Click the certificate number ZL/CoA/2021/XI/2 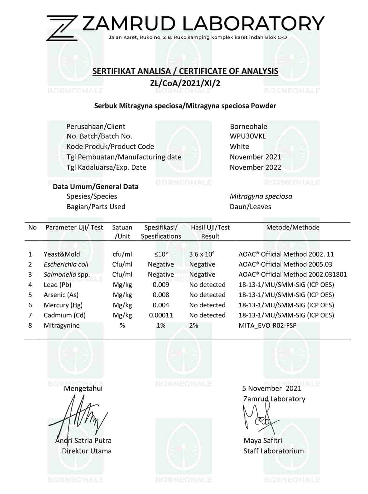(x=185, y=84)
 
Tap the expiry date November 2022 (x=255, y=167)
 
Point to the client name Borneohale (x=248, y=126)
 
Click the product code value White (x=239, y=147)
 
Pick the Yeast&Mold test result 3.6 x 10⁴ (x=202, y=254)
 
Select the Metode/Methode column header (x=293, y=227)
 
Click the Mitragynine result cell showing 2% (x=193, y=325)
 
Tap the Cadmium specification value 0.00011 (x=161, y=315)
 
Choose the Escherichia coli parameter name (x=66, y=264)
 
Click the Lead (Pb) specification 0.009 (x=161, y=285)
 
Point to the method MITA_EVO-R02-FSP (x=267, y=325)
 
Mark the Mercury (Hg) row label (x=61, y=305)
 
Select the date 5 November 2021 (x=271, y=388)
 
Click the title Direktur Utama (x=87, y=451)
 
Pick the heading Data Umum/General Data (x=95, y=187)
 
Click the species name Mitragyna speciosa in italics (x=261, y=196)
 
